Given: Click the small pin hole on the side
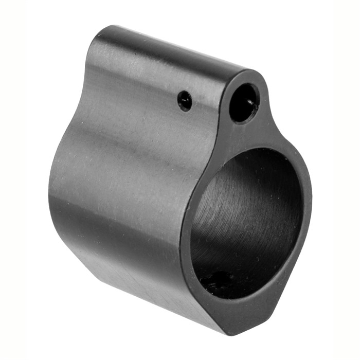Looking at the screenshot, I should (185, 100).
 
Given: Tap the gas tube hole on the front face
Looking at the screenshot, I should (244, 102).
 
